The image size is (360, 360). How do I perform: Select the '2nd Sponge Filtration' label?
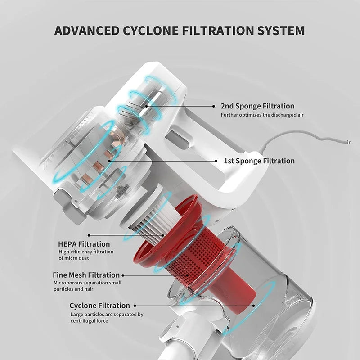(x=257, y=106)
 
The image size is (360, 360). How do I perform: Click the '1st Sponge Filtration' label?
(x=259, y=161)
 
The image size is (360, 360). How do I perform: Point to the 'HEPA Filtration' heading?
(x=84, y=244)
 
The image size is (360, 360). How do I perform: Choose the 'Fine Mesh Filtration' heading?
(x=86, y=274)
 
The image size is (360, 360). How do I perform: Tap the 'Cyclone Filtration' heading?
(x=99, y=306)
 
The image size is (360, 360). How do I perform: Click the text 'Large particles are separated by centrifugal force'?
(x=106, y=317)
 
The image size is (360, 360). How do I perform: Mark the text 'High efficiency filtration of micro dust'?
(x=86, y=255)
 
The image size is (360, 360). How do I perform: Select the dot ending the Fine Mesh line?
(x=123, y=274)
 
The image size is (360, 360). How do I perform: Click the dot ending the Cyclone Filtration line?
(x=254, y=306)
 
